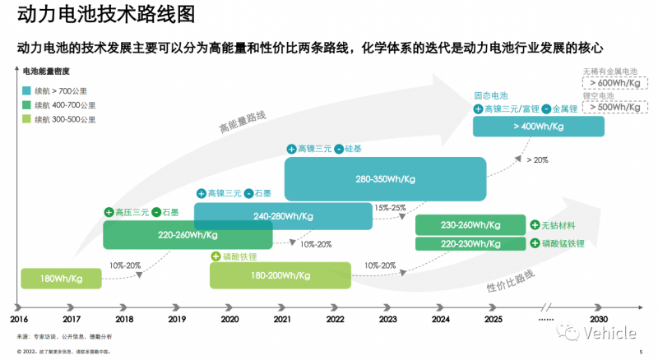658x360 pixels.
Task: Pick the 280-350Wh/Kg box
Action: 384,178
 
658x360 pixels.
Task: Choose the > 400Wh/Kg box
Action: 539,127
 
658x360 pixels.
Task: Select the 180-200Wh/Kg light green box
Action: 280,275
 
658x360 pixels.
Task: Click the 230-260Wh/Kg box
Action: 470,225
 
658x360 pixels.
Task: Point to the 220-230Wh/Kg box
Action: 470,243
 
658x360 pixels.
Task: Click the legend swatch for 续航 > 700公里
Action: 27,90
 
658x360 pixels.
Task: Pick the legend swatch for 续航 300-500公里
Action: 27,119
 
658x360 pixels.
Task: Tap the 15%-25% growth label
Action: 389,207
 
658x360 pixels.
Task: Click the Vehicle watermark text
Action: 608,333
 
